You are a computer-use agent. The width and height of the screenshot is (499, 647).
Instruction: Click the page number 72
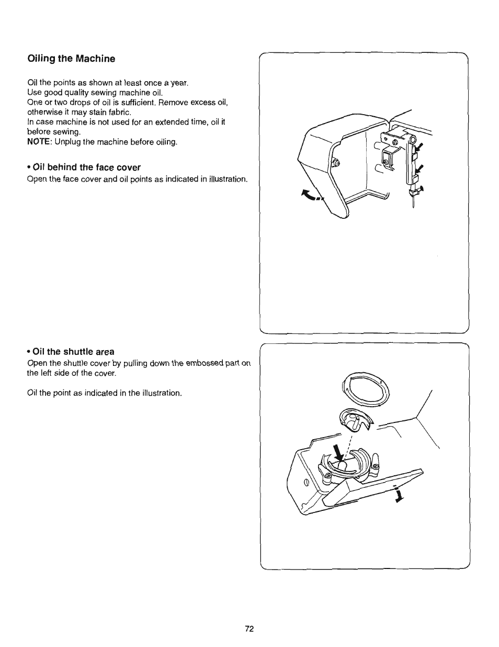point(249,629)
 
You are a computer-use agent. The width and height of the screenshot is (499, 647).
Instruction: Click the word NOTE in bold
point(37,142)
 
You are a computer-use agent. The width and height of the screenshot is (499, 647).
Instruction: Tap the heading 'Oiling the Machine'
point(71,59)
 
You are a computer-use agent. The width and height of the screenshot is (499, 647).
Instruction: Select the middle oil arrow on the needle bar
point(419,170)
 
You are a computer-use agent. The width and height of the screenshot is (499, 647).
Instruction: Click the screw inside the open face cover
point(336,164)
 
